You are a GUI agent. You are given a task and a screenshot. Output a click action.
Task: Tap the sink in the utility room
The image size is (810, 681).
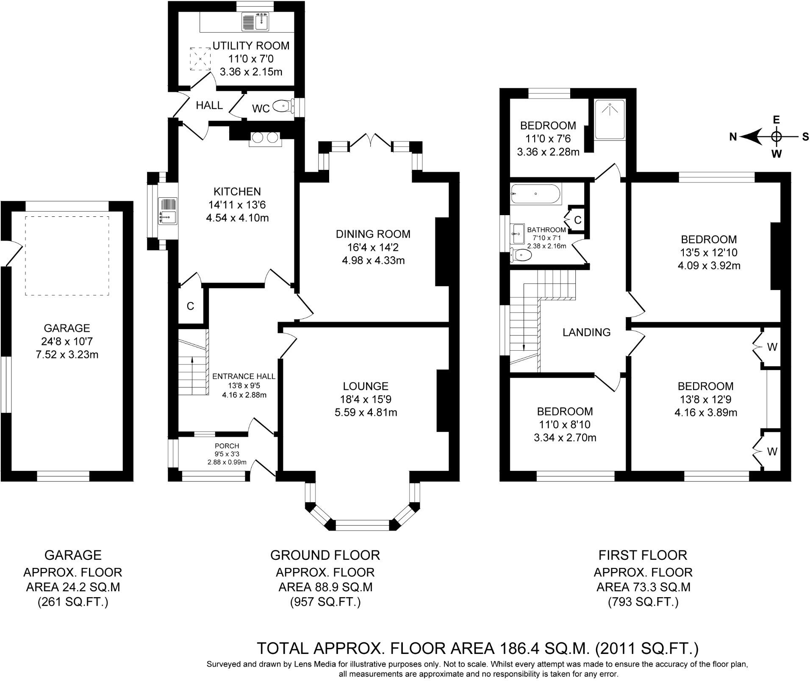click(255, 22)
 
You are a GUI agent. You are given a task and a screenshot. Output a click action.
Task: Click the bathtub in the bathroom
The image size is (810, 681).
click(536, 194)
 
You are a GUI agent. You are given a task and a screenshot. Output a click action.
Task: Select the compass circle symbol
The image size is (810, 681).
click(776, 137)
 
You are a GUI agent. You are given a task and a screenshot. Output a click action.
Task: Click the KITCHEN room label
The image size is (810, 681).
click(237, 191)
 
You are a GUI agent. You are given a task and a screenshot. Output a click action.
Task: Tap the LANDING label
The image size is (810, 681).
click(586, 332)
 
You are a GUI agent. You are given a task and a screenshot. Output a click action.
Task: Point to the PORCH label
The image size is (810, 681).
click(227, 446)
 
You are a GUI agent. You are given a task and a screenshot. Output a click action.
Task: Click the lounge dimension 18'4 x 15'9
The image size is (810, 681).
click(366, 399)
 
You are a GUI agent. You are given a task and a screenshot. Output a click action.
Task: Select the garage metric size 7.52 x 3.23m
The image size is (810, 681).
click(67, 354)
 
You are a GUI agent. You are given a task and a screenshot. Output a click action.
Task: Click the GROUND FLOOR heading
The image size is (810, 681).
click(325, 555)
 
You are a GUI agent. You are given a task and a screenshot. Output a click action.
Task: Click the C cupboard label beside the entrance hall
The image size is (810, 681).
click(190, 306)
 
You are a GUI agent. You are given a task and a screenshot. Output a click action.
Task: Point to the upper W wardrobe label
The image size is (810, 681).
click(772, 347)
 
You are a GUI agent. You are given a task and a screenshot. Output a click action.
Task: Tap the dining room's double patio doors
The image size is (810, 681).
click(370, 140)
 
